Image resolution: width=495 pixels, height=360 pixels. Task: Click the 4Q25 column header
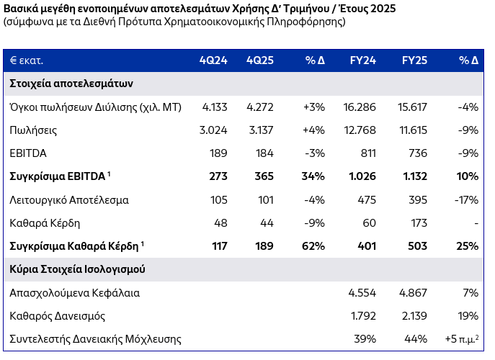tap(259, 60)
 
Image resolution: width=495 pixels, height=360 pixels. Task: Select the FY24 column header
tap(361, 60)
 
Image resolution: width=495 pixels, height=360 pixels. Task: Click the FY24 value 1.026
tap(360, 176)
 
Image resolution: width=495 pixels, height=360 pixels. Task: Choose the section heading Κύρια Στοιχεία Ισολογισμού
tap(77, 269)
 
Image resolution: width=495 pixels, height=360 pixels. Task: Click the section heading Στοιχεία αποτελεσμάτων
tap(71, 84)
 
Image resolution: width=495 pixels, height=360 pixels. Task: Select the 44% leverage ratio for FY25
tap(422, 338)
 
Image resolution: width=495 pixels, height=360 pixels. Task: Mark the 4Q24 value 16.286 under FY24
tap(360, 107)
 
